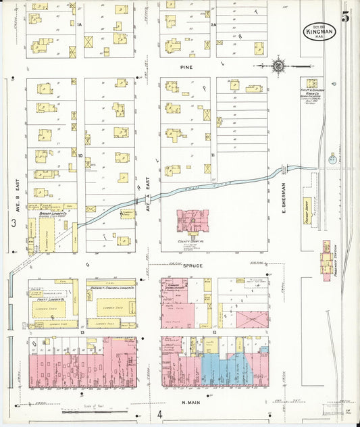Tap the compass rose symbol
pos(278,66)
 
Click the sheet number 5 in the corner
pos(345,16)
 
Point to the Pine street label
pos(186,68)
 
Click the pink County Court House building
pos(192,222)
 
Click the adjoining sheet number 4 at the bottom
pos(159,414)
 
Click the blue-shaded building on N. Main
pos(226,369)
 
